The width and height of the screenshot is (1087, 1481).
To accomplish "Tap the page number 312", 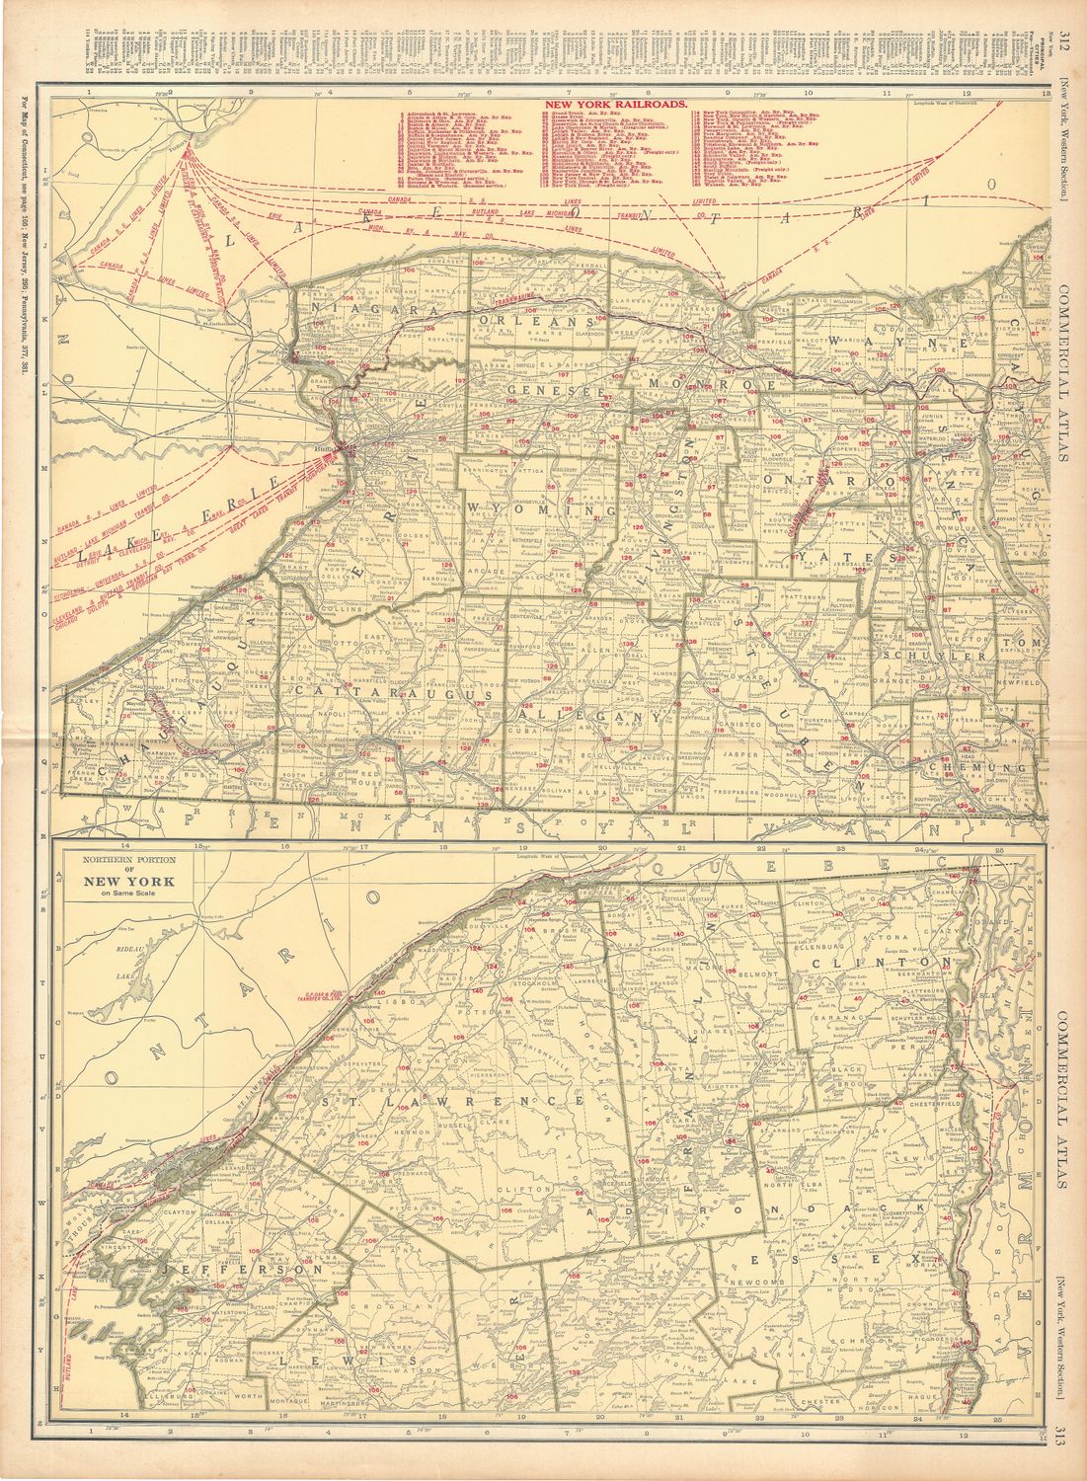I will [1065, 39].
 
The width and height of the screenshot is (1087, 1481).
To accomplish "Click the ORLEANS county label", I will [534, 323].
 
